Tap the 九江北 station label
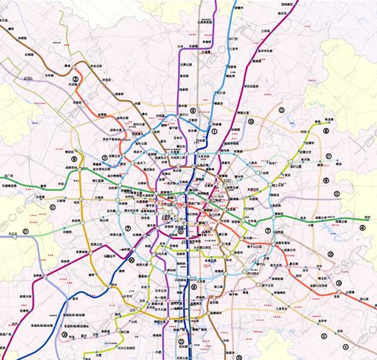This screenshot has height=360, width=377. click(x=9, y=232)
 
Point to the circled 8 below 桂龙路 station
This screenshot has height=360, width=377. click(x=326, y=131)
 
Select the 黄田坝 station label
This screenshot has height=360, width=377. click(x=70, y=153)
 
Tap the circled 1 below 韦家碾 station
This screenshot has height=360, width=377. click(x=213, y=131)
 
